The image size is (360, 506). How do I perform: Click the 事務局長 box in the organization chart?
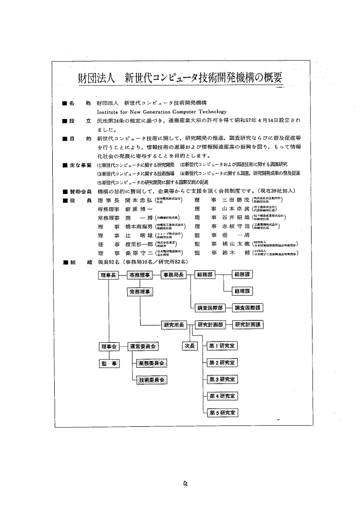pos(174,275)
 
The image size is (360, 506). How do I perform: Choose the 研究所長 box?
pos(174,325)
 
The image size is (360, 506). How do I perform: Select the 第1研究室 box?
pos(221,346)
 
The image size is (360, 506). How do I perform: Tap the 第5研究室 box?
pos(221,412)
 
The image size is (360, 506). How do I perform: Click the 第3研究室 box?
pos(221,379)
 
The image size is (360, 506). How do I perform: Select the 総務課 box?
pos(244,275)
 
